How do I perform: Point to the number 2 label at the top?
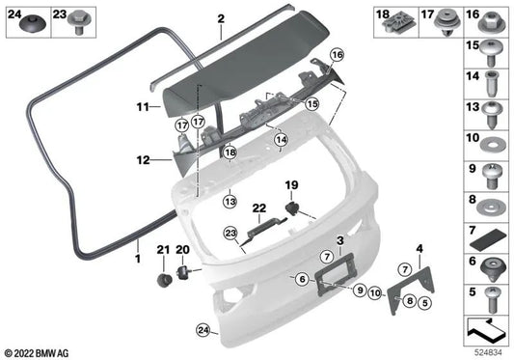point(220,18)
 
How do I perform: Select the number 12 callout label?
point(141,159)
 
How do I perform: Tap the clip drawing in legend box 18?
point(391,17)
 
